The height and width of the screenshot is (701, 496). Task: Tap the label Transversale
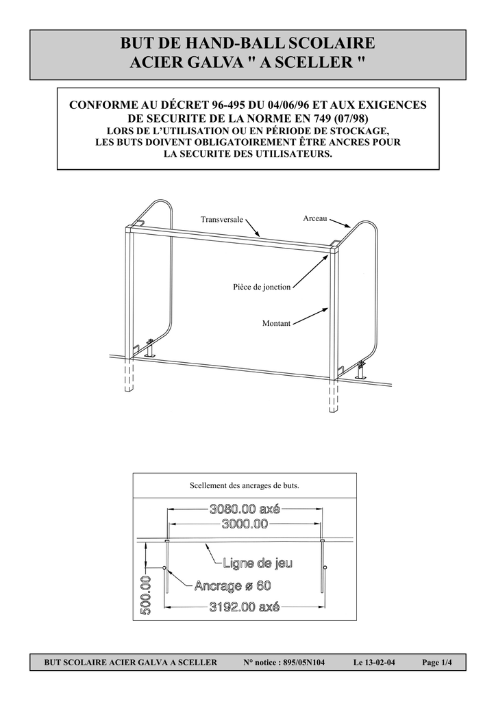tap(221, 220)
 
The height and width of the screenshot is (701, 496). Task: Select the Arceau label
tap(315, 218)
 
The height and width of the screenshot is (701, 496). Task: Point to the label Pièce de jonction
tap(262, 287)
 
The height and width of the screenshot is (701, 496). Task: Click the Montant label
tap(276, 323)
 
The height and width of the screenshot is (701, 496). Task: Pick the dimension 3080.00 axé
tap(245, 509)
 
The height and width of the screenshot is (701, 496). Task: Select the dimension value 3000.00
tap(245, 524)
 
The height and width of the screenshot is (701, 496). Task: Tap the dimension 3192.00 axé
tap(245, 607)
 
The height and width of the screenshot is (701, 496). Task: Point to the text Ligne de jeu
tap(258, 563)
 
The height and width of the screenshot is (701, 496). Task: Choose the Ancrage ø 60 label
tap(232, 586)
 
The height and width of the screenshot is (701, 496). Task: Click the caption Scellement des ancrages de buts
tap(245, 485)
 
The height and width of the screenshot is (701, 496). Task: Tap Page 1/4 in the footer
tap(437, 663)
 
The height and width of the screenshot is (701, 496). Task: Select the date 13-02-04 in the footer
tap(380, 663)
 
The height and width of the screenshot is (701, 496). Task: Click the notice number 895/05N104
tap(304, 663)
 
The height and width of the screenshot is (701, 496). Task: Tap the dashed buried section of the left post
tap(129, 376)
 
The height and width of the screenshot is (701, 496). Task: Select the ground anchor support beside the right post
tap(360, 371)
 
